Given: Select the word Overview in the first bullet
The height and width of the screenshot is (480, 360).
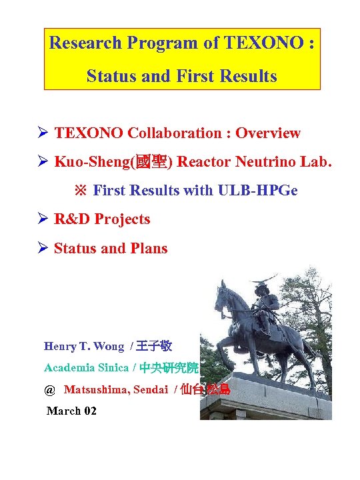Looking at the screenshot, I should click(268, 133).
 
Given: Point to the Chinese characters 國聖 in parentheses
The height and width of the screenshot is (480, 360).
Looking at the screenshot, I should click(155, 162).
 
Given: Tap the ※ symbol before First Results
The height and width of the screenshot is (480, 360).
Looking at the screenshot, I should click(80, 191).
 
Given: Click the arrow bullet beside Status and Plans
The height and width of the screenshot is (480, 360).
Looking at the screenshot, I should click(43, 249).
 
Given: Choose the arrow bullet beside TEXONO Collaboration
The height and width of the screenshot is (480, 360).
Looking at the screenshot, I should click(43, 133).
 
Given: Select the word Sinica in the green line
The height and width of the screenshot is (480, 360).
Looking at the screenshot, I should click(112, 367).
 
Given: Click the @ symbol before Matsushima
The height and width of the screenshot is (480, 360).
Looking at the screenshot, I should click(49, 389).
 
